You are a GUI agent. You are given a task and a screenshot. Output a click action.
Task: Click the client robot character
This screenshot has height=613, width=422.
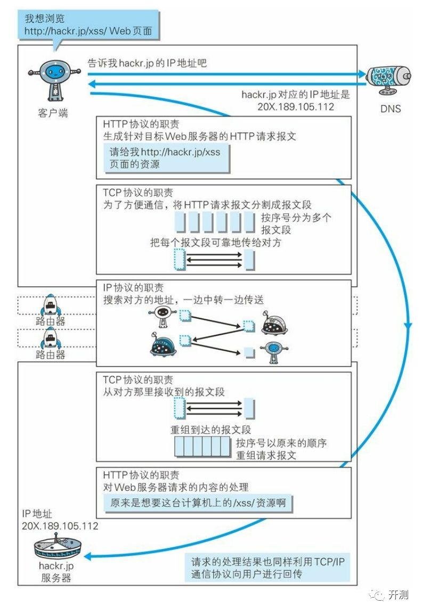click(x=54, y=80)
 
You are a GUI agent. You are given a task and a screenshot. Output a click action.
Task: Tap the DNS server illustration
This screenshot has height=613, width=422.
click(x=388, y=80)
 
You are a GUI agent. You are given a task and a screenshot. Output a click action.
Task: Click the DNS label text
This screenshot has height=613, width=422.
click(x=391, y=109)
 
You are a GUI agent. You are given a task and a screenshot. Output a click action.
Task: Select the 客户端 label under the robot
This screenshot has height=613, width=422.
click(x=53, y=113)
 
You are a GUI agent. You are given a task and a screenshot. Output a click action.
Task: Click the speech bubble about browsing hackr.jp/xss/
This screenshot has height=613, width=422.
click(x=88, y=25)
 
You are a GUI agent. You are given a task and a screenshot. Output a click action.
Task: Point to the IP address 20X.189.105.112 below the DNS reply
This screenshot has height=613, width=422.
click(x=296, y=107)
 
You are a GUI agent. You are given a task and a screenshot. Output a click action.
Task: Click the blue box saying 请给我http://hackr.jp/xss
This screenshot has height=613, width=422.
click(x=166, y=158)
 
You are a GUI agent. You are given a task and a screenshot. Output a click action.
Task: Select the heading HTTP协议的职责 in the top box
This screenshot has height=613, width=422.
click(x=141, y=124)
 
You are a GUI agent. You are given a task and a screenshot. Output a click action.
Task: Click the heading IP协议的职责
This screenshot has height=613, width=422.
click(x=133, y=288)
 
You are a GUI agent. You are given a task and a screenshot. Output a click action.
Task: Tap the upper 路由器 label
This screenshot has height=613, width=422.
click(x=51, y=321)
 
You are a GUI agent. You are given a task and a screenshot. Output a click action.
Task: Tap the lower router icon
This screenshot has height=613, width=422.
click(x=51, y=338)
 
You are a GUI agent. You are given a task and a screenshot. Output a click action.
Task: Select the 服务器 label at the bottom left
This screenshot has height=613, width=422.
click(x=56, y=578)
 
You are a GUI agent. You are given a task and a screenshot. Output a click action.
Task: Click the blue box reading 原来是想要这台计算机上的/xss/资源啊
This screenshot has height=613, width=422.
click(x=198, y=503)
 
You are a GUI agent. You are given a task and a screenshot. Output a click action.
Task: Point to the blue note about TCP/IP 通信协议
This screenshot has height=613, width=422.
click(x=267, y=568)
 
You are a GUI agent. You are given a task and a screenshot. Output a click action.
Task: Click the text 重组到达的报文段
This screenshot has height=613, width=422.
click(x=210, y=430)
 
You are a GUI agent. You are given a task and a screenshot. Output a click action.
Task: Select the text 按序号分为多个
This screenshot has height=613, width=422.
click(x=296, y=217)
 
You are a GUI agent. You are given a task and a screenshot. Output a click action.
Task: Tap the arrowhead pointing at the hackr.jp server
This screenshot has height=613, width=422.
click(x=87, y=556)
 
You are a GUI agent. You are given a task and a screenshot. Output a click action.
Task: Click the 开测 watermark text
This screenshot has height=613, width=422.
click(x=398, y=595)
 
